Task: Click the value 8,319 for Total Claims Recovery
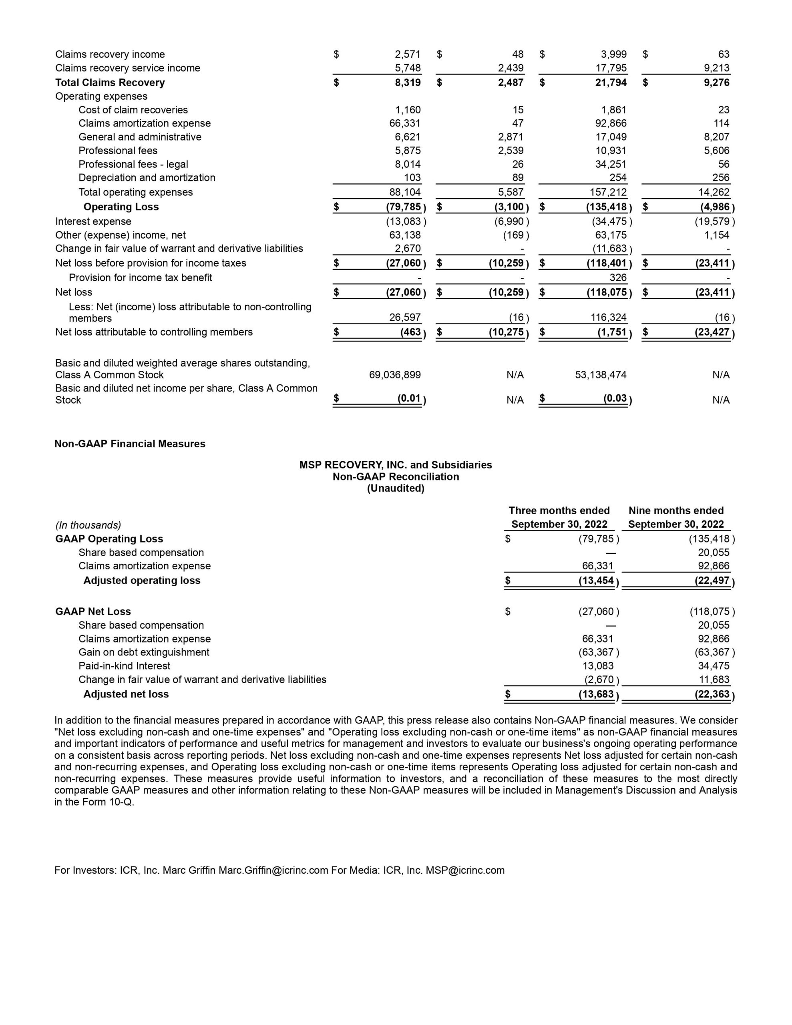407,82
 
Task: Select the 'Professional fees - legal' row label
133,164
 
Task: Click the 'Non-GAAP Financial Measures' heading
130,444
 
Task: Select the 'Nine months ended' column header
675,510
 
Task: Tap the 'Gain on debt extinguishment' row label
144,652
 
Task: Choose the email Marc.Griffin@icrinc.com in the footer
273,870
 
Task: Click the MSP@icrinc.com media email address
465,870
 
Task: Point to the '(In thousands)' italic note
88,525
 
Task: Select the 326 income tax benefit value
618,277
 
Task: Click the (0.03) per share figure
615,398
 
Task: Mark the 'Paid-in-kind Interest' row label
125,665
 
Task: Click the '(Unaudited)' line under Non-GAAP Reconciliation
395,488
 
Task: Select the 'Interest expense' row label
93,221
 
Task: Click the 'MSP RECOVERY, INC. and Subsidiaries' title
395,464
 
